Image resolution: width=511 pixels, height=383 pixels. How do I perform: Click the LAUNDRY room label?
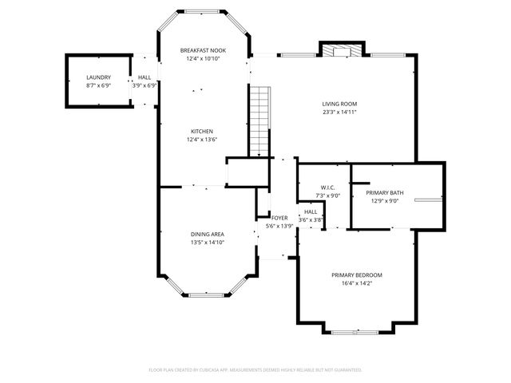[x=98, y=77]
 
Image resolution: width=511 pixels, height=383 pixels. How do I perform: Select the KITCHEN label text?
[x=201, y=132]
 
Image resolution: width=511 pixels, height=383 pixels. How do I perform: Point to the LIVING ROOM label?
[x=339, y=104]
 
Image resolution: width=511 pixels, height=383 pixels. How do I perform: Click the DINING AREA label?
[x=206, y=234]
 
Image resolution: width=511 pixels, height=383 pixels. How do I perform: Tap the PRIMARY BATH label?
[x=382, y=193]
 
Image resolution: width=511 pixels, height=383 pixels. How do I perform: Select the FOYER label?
[x=279, y=218]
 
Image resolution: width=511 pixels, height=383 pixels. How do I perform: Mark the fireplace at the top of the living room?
[x=339, y=49]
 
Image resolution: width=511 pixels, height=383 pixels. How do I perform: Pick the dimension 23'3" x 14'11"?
[x=339, y=113]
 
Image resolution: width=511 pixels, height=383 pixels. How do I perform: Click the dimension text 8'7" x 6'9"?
[x=98, y=85]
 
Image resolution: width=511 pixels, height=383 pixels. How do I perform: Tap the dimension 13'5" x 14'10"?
[x=206, y=242]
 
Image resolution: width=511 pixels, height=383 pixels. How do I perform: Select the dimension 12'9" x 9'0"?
[x=382, y=201]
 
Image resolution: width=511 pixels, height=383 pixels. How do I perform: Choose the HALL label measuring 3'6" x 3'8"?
[x=311, y=212]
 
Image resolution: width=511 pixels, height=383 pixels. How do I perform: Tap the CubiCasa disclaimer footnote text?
[x=255, y=369]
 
